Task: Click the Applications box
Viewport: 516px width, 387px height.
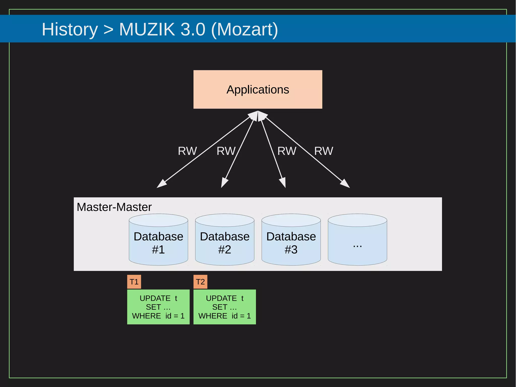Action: [x=258, y=90]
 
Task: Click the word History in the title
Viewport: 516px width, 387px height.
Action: [x=70, y=29]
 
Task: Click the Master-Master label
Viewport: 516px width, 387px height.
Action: [x=114, y=207]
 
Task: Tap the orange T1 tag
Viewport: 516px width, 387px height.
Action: [x=134, y=282]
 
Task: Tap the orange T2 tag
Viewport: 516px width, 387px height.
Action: [x=200, y=282]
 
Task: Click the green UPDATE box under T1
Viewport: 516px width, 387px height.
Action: [x=158, y=307]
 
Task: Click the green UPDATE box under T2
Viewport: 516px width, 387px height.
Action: [x=224, y=307]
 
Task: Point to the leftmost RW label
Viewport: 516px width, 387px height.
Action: [x=187, y=151]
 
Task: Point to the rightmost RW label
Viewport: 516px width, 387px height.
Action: [x=324, y=151]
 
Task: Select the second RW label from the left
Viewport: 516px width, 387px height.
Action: [x=226, y=151]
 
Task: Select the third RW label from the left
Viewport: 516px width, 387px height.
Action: [x=287, y=151]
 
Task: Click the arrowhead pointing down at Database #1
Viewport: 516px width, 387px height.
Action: [x=161, y=184]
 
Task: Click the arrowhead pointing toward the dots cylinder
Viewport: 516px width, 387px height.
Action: [x=345, y=184]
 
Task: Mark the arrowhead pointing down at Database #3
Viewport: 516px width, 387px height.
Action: [x=283, y=183]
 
